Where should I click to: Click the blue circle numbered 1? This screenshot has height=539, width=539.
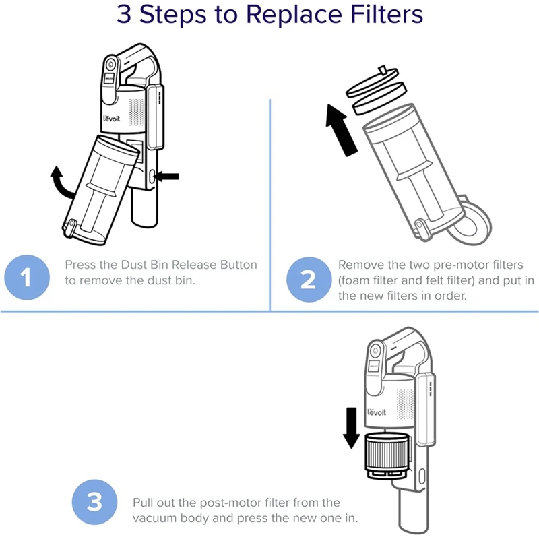(x=27, y=278)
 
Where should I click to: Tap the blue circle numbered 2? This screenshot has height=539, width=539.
(x=307, y=278)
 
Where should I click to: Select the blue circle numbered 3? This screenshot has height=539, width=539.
(x=94, y=503)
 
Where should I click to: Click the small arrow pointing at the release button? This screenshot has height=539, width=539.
(x=168, y=176)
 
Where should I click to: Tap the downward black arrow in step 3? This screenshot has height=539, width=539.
(x=351, y=425)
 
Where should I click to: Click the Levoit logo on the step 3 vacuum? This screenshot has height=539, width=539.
(x=377, y=412)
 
